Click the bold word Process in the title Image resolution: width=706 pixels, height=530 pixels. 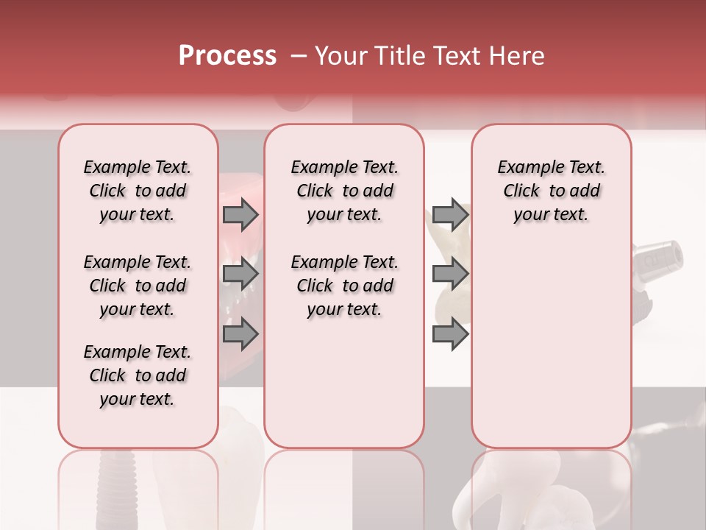tap(227, 56)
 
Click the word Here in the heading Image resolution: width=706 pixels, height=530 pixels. tap(516, 56)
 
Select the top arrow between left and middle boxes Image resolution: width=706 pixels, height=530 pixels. tap(240, 215)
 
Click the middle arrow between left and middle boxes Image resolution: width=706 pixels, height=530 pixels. tap(240, 275)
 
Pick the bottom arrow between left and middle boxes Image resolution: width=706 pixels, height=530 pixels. tap(240, 334)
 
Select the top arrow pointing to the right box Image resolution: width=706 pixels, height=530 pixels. tap(450, 215)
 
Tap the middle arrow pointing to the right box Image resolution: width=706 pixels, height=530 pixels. tap(450, 275)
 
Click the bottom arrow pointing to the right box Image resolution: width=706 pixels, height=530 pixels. tap(450, 334)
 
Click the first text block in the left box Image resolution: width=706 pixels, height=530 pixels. tap(138, 191)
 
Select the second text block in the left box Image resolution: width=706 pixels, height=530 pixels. tap(138, 286)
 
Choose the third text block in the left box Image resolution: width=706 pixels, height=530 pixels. tap(138, 375)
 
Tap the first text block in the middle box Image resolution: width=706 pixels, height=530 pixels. tap(344, 191)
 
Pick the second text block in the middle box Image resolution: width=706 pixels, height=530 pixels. tap(344, 286)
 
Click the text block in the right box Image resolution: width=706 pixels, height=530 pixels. tap(551, 191)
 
